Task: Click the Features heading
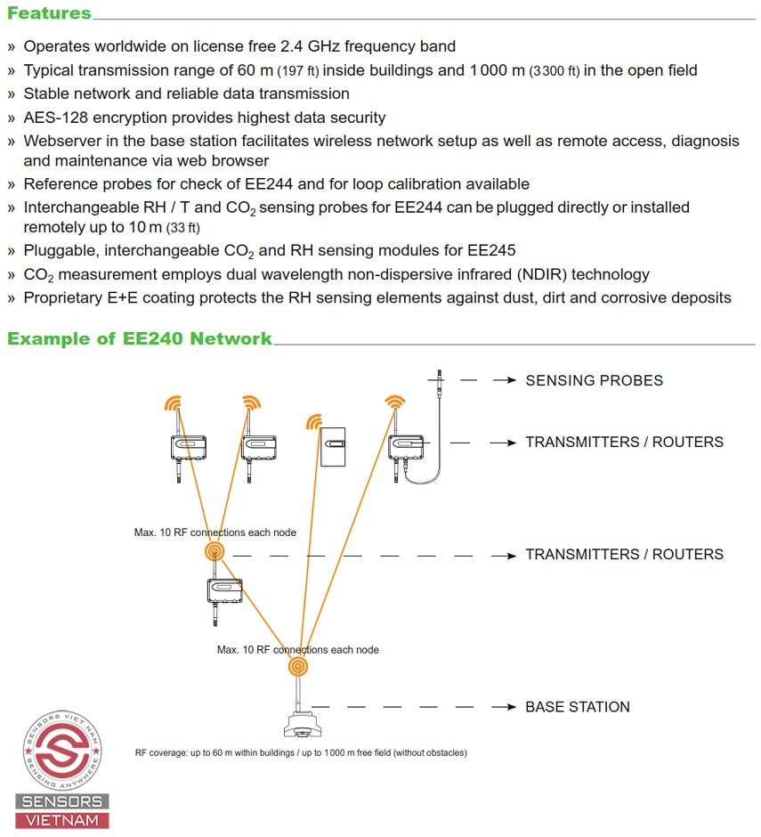[49, 13]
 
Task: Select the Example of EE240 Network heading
[140, 338]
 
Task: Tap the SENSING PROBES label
[594, 380]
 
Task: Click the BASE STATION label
[577, 707]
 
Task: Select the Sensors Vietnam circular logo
[62, 746]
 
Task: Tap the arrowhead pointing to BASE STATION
[511, 707]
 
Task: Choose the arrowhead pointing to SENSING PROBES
[511, 380]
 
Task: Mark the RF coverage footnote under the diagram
[301, 752]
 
